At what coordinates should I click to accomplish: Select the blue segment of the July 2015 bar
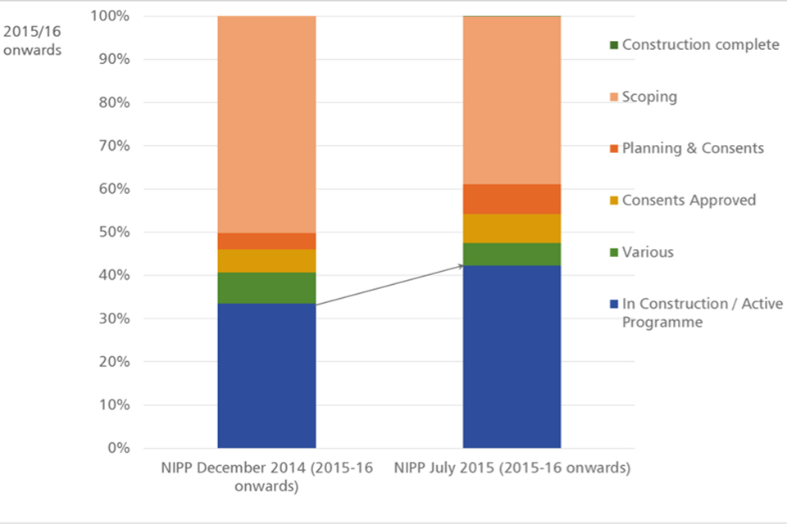pyautogui.click(x=512, y=356)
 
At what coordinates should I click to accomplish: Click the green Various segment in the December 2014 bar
pyautogui.click(x=266, y=287)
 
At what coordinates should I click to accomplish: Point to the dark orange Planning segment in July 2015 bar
pyautogui.click(x=512, y=199)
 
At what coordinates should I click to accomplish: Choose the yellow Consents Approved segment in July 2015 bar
pyautogui.click(x=512, y=228)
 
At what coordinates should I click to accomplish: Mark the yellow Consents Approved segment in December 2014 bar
pyautogui.click(x=266, y=260)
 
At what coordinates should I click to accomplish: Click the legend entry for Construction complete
pyautogui.click(x=699, y=44)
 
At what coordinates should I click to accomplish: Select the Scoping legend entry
pyautogui.click(x=648, y=97)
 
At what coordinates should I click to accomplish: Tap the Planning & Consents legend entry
pyautogui.click(x=692, y=148)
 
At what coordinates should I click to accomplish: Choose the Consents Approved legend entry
pyautogui.click(x=688, y=200)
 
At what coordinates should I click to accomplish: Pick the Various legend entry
pyautogui.click(x=647, y=252)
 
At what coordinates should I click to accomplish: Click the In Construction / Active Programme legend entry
pyautogui.click(x=701, y=313)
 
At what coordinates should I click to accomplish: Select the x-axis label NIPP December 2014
pyautogui.click(x=266, y=477)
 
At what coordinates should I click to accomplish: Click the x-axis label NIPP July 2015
pyautogui.click(x=512, y=469)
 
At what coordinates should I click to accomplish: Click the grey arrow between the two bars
pyautogui.click(x=389, y=285)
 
